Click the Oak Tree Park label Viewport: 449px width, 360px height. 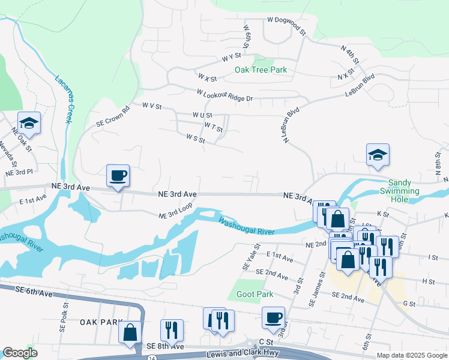pos(261,70)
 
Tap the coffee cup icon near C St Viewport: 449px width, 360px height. pos(273,317)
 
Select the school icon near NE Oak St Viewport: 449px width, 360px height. pos(29,124)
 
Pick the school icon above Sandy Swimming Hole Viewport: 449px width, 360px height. pos(378,155)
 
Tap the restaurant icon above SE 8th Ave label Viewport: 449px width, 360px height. pos(172,330)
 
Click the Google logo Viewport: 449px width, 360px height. pos(20,353)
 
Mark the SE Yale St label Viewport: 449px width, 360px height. pos(251,256)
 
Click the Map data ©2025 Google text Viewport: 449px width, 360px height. pos(411,355)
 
